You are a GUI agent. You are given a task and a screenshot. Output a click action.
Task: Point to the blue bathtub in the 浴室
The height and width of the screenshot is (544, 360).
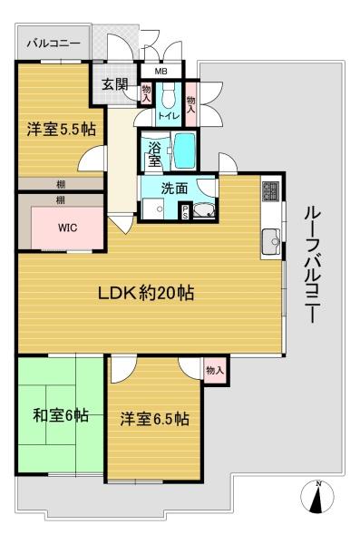(184, 151)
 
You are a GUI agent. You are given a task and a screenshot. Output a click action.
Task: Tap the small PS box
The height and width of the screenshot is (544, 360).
(185, 212)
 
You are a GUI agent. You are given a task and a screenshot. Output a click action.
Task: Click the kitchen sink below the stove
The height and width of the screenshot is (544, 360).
(269, 242)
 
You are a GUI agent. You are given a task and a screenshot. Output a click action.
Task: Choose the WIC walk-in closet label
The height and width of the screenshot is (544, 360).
(68, 228)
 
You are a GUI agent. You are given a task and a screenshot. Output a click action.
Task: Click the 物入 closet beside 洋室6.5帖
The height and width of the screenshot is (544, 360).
(214, 370)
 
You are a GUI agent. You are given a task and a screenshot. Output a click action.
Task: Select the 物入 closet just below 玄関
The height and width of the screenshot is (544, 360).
(145, 96)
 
